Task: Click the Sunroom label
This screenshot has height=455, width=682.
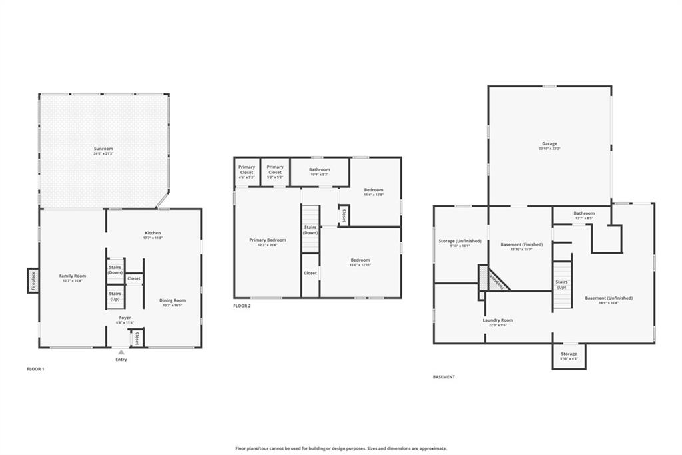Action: (103, 149)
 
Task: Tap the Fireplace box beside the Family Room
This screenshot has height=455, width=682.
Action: (32, 280)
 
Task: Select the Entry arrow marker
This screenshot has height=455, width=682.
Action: (121, 352)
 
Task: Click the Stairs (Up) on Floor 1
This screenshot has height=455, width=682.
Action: (115, 296)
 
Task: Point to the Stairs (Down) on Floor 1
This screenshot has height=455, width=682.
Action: (115, 270)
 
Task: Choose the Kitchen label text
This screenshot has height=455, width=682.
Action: (153, 233)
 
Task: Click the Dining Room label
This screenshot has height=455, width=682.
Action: (172, 300)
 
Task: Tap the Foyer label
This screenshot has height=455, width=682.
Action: (125, 318)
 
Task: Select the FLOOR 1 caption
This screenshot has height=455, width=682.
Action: (35, 369)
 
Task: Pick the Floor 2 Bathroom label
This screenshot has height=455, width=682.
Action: (320, 170)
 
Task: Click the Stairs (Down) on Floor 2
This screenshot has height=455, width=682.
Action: (310, 230)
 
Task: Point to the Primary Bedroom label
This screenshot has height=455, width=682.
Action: (268, 240)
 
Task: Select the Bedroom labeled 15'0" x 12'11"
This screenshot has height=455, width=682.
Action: (360, 260)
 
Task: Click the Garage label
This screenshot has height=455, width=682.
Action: (549, 144)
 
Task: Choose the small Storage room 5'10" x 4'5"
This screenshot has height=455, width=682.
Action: (569, 355)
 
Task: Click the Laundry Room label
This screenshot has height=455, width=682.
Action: (498, 320)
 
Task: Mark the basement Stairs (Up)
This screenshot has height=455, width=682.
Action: (561, 284)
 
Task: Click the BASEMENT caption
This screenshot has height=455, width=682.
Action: (444, 377)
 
